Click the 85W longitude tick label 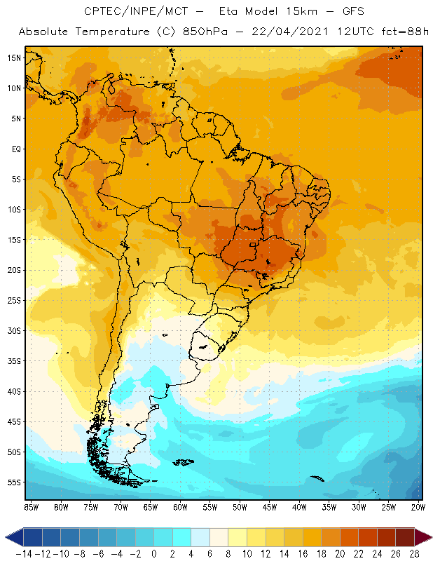31,506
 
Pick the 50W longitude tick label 240,506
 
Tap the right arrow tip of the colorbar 429,537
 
